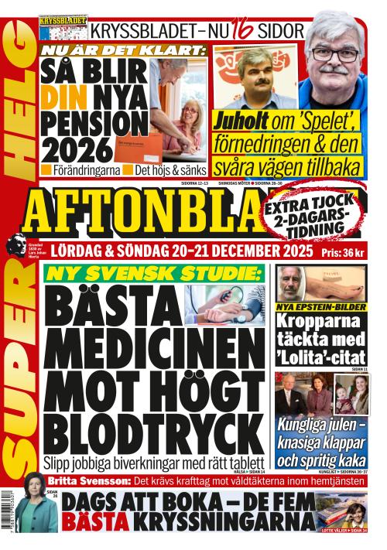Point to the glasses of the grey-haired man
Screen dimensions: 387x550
coord(335,54)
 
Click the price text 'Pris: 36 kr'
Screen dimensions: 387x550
coord(341,252)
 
